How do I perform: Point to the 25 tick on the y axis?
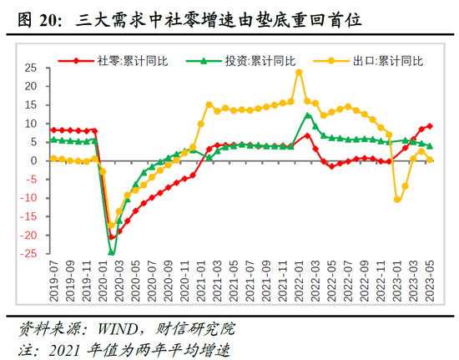[32, 68]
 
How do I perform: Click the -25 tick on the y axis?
[29, 254]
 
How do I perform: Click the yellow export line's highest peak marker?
[299, 72]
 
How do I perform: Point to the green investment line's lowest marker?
[112, 251]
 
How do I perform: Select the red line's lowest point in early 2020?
[112, 237]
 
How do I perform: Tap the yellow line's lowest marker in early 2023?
[397, 199]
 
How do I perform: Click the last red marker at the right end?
[430, 126]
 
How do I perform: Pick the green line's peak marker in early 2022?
[307, 114]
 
